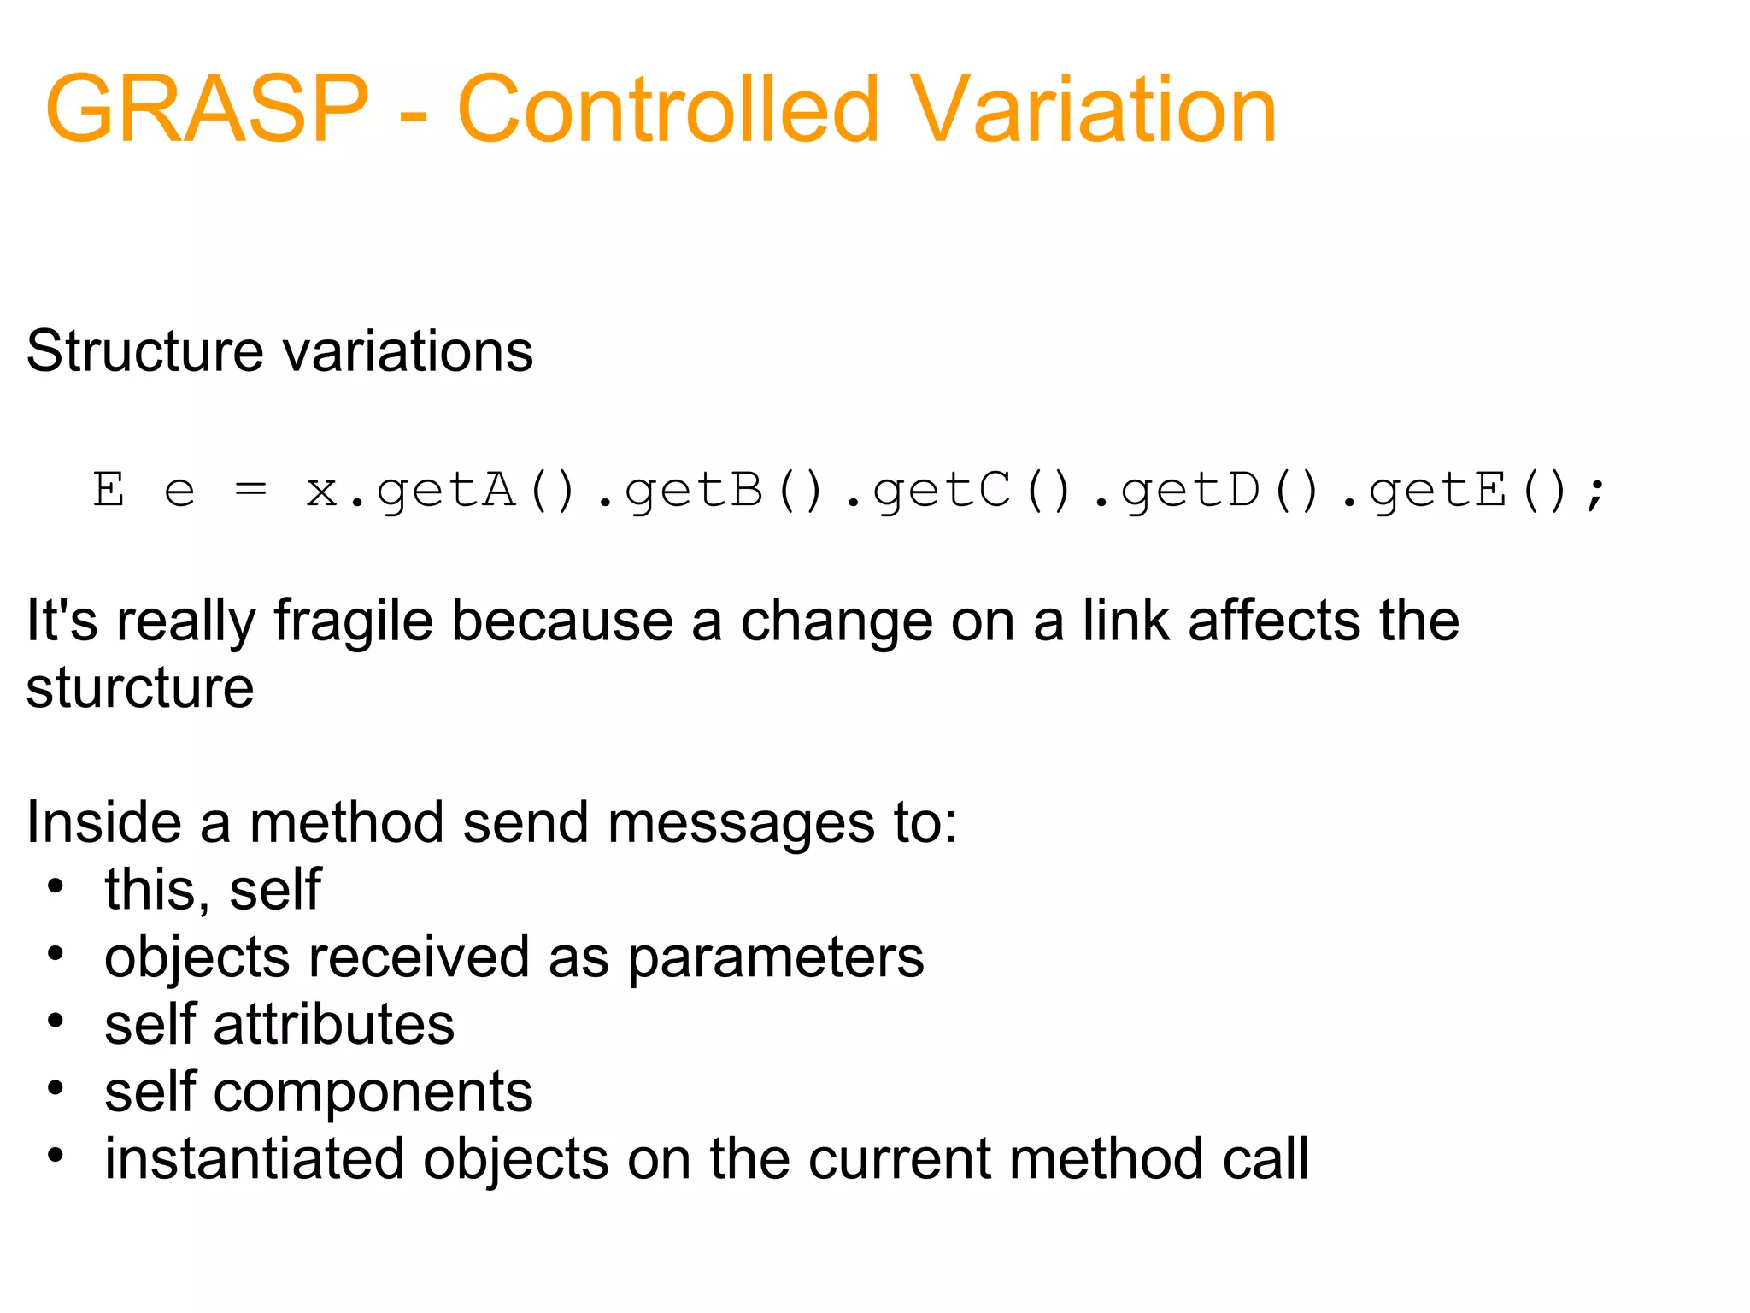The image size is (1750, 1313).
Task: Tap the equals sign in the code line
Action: (250, 490)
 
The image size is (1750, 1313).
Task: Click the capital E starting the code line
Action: (109, 490)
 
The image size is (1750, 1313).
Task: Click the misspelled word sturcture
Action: (140, 688)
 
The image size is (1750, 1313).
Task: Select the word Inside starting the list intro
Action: (103, 822)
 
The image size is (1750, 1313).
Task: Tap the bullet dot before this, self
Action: (56, 887)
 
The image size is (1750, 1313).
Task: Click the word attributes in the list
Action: (333, 1024)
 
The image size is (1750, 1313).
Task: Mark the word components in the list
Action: (373, 1093)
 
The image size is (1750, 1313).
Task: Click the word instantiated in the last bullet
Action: (254, 1159)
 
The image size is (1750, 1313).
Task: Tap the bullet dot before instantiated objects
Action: (56, 1157)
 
